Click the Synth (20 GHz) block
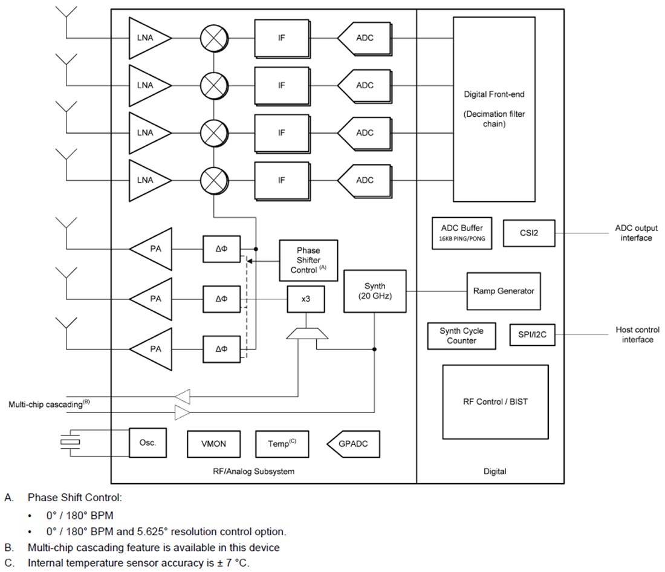[x=374, y=291]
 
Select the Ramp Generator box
[x=503, y=291]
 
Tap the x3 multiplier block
[x=306, y=299]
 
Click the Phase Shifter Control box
[x=308, y=260]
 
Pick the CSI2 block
[x=528, y=233]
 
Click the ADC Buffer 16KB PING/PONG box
[x=462, y=233]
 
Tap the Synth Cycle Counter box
[x=462, y=336]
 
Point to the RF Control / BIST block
[x=495, y=401]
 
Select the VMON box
[x=213, y=444]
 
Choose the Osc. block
[x=148, y=443]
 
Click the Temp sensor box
[x=282, y=444]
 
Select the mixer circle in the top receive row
[x=213, y=37]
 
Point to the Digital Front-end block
[x=494, y=109]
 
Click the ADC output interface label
[x=636, y=233]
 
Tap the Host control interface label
[x=637, y=334]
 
